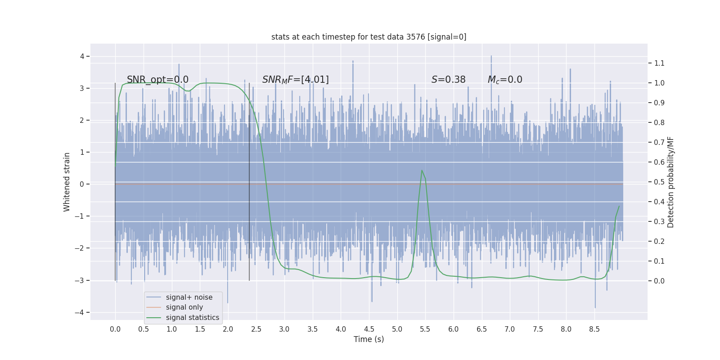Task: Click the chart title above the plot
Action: tap(369, 37)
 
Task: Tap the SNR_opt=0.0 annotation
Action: tap(157, 80)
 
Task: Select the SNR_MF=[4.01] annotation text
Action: tap(295, 80)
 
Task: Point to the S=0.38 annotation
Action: tap(448, 80)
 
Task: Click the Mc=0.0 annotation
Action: tap(505, 80)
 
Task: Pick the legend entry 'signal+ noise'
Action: tap(189, 297)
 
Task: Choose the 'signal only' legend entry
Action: tap(184, 307)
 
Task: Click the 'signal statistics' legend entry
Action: tap(192, 318)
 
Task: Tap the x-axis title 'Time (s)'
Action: tap(369, 339)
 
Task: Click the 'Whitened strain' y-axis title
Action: tap(67, 182)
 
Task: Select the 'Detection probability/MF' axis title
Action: tap(670, 182)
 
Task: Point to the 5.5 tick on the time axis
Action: tap(425, 329)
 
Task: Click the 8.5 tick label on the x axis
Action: tap(594, 329)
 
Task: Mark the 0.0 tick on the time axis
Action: tap(115, 329)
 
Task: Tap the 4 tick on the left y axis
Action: tap(82, 56)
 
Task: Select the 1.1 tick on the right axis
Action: tap(659, 63)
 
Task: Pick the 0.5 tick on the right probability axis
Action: tap(659, 182)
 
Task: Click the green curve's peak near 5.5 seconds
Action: tap(422, 171)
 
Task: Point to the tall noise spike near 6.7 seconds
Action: tap(491, 57)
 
